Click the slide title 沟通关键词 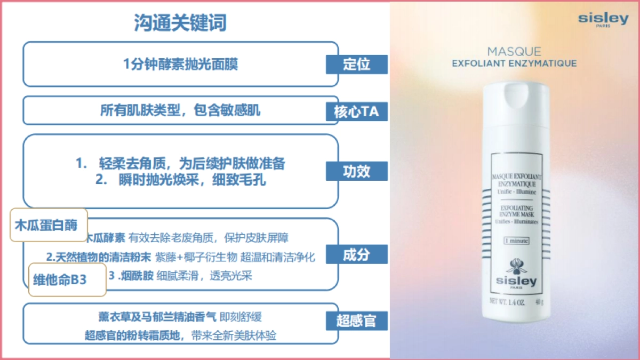(x=180, y=23)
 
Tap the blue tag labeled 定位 (x=357, y=65)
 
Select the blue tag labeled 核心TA (x=357, y=112)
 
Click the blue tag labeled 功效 (x=357, y=172)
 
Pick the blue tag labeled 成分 (x=357, y=254)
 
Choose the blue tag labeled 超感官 (x=357, y=321)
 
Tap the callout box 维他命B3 (x=67, y=279)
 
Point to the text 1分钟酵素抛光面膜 (x=180, y=65)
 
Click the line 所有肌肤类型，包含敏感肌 (x=180, y=110)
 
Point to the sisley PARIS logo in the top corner (x=603, y=20)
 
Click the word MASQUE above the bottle (x=514, y=52)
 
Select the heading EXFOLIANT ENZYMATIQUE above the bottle (x=514, y=63)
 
